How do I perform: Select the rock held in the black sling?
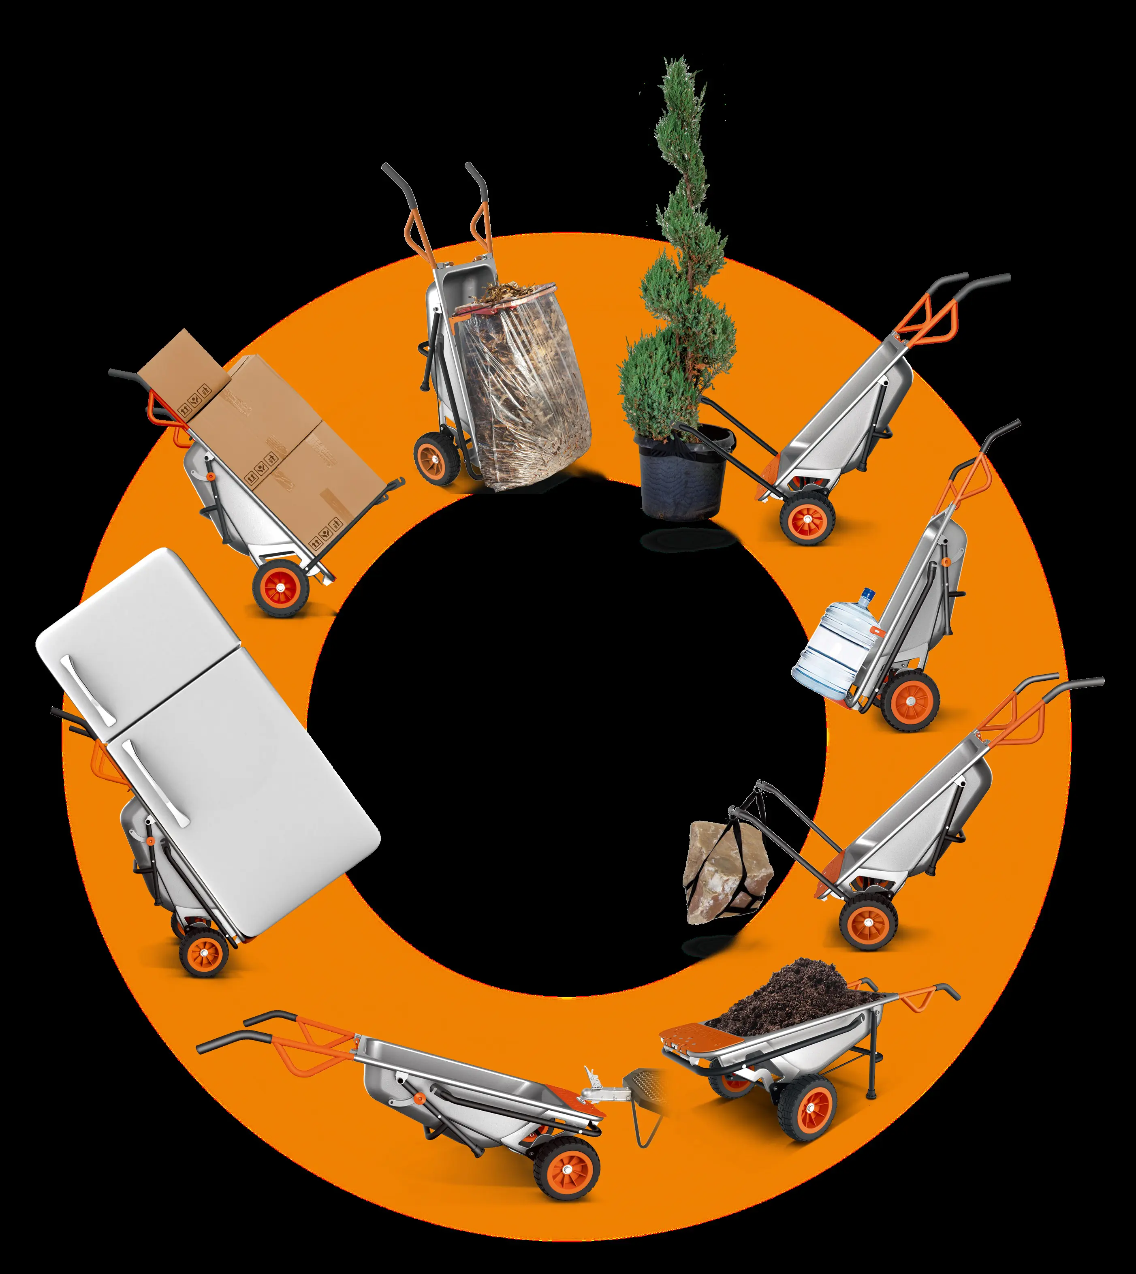(724, 871)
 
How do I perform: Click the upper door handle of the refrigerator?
(88, 690)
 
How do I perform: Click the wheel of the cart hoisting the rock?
(868, 921)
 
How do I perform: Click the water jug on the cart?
(836, 649)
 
